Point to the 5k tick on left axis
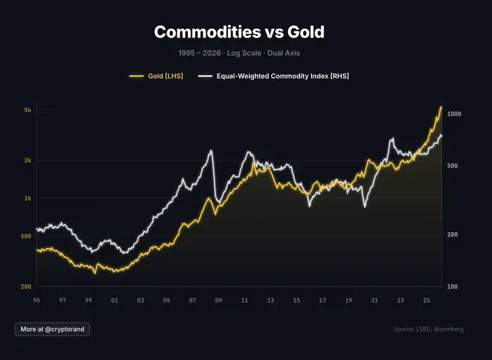pos(27,110)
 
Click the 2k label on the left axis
pos(27,160)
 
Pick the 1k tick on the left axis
pos(27,198)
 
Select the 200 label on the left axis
pos(26,287)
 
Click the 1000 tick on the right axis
pos(454,114)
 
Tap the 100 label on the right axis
pos(452,287)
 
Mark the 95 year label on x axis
pos(37,299)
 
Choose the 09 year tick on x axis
pos(219,299)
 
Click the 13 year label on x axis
pos(271,299)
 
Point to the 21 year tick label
pos(374,299)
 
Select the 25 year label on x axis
pos(426,299)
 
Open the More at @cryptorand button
pos(52,329)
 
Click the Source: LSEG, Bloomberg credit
pos(428,329)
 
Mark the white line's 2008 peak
pos(211,150)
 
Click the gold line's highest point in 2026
pos(441,107)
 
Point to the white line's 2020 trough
pos(365,207)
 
